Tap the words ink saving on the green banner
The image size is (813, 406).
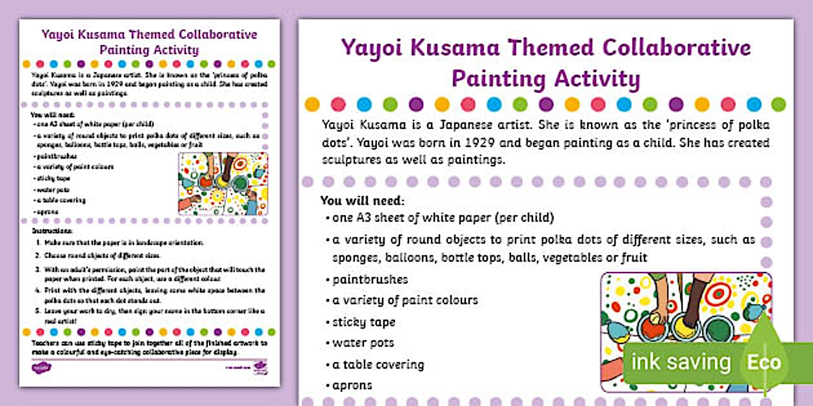[x=681, y=362]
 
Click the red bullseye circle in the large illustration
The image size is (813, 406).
[x=718, y=293]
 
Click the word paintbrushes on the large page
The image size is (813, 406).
[x=370, y=280]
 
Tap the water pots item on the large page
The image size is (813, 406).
[x=363, y=343]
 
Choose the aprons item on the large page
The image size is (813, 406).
[x=352, y=385]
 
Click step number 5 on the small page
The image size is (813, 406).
[x=38, y=311]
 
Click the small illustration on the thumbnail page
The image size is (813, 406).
[x=223, y=184]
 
